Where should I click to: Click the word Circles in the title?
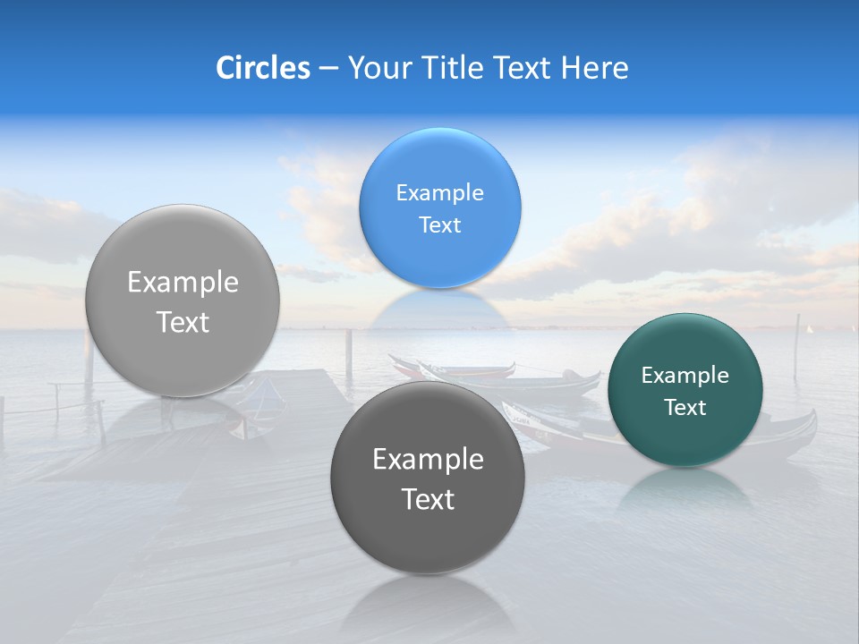coord(262,68)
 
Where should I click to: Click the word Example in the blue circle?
coord(439,193)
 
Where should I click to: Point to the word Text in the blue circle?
coord(439,225)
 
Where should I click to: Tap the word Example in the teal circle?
coord(685,376)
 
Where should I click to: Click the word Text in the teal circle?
coord(685,408)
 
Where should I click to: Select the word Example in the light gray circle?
coord(183,283)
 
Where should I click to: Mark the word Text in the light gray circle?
coord(183,323)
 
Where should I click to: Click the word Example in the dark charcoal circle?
coord(428,460)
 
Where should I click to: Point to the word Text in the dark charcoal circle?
coord(428,500)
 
